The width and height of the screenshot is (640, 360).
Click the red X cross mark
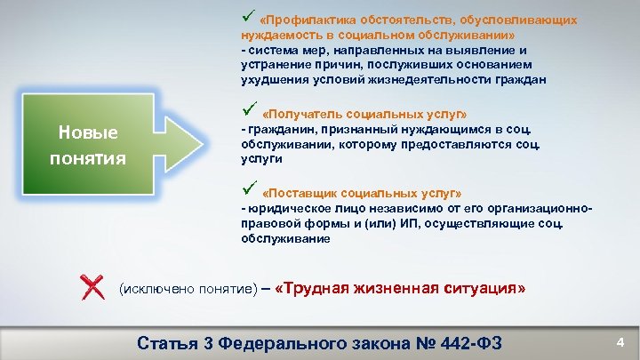(x=92, y=286)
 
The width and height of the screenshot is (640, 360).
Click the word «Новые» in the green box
(x=87, y=132)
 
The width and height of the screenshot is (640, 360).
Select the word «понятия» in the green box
(x=87, y=157)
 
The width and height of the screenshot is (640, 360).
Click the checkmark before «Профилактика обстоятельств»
(x=248, y=16)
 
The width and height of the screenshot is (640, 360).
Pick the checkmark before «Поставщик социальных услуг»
(x=248, y=189)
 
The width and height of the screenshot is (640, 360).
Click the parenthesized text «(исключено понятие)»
(x=188, y=290)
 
